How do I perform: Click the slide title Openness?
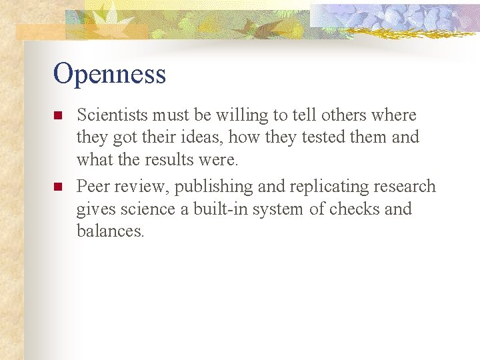[109, 74]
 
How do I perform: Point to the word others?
[338, 115]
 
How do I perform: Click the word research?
[403, 187]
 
